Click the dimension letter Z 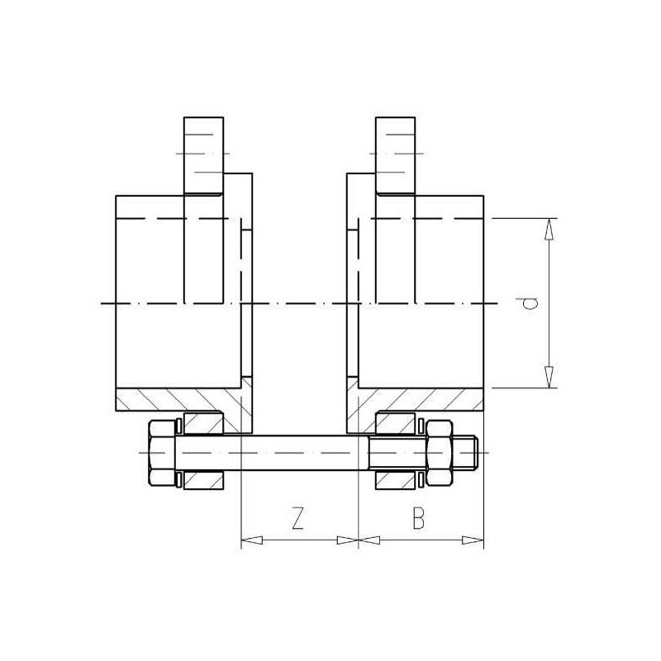tap(297, 518)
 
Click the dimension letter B tap(418, 518)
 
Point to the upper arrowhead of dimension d tap(549, 230)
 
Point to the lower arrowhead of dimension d tap(549, 377)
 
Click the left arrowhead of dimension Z tap(252, 540)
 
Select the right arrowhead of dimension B tap(473, 540)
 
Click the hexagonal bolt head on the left tap(162, 452)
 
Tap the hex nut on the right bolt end tap(440, 452)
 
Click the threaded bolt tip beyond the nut tap(465, 452)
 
